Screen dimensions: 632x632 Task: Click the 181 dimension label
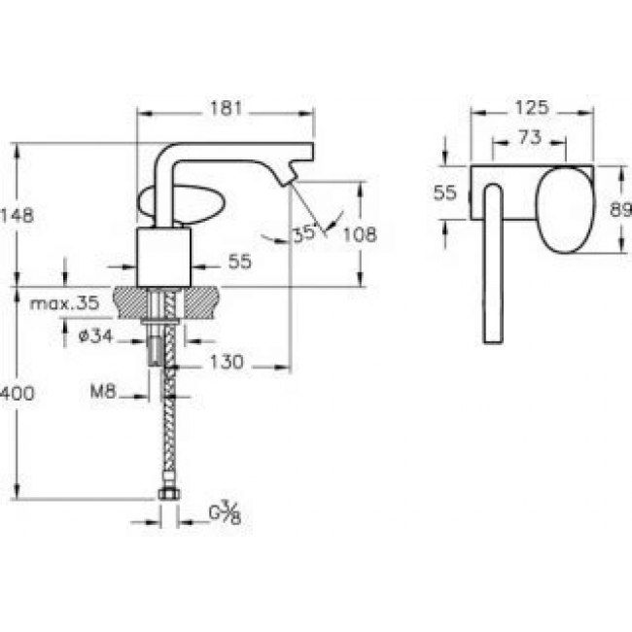pos(226,108)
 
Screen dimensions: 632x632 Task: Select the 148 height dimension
pos(17,216)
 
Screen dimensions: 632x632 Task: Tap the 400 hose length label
pos(18,394)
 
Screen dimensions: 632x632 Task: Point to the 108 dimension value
pos(360,234)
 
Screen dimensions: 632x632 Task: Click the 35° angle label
pos(304,234)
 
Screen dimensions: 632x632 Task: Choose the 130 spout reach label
pos(227,362)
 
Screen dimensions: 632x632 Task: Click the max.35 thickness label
pos(64,303)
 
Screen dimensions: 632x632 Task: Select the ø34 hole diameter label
pos(95,335)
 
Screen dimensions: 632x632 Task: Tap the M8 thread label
pos(103,391)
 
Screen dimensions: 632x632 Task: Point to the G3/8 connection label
pos(225,512)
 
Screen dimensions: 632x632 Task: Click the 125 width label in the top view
pos(532,108)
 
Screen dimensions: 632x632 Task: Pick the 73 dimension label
pos(530,138)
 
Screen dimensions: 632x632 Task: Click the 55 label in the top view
pos(445,193)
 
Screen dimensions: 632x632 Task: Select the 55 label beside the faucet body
pos(240,262)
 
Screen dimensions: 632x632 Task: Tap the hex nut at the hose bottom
pos(169,494)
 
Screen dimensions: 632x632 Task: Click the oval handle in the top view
pos(565,210)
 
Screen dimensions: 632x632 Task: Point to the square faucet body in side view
pos(163,258)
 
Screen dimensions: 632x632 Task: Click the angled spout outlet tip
pos(289,179)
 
